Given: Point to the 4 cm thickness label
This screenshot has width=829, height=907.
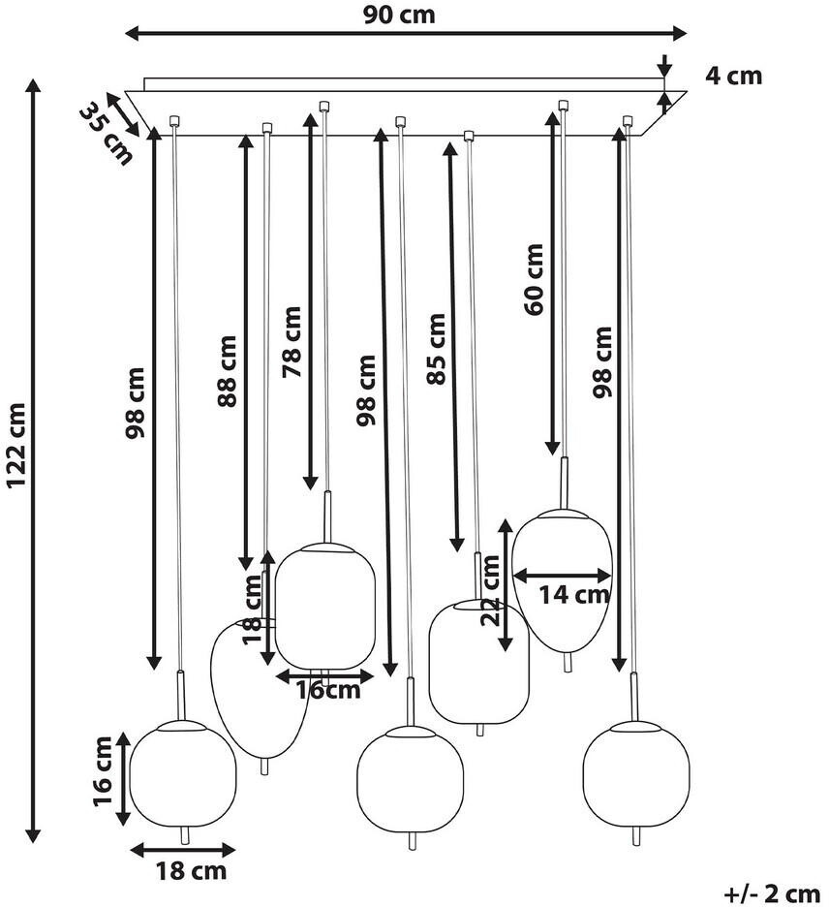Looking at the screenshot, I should tap(733, 76).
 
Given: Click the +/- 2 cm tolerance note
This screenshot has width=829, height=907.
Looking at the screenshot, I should tap(772, 891).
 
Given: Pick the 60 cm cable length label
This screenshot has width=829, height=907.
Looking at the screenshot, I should tap(534, 278).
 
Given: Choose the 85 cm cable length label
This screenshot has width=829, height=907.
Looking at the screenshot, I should tap(437, 349).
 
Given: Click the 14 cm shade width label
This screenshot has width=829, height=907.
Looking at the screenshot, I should tap(574, 594).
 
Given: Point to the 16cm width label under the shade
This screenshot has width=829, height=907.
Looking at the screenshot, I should tap(327, 690).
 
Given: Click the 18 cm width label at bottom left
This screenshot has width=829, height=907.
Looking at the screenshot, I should tap(191, 870).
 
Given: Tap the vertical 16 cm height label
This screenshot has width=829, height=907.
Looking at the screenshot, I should tap(103, 778).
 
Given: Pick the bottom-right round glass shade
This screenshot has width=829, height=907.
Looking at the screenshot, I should tap(635, 773).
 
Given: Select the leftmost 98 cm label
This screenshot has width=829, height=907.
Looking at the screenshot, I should tap(136, 402).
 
